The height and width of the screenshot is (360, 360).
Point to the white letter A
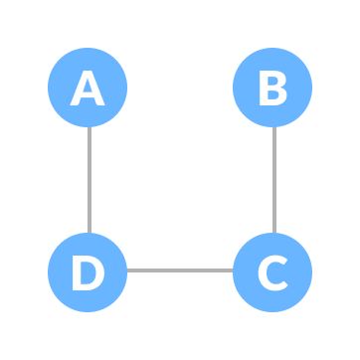88,89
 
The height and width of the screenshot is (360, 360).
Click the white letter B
271,89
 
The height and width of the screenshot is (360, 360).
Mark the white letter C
271,272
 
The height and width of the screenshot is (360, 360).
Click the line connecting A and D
89,180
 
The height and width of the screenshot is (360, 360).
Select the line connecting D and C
180,270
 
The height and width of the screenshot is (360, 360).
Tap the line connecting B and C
273,180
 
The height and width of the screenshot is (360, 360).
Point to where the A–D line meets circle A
89,127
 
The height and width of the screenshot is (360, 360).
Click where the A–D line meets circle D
89,233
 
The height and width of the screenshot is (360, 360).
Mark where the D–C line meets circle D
127,270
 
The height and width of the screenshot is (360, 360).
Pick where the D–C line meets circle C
233,270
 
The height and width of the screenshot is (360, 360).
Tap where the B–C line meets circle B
273,127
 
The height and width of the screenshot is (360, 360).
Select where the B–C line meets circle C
273,233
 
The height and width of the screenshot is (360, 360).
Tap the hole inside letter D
88,272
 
